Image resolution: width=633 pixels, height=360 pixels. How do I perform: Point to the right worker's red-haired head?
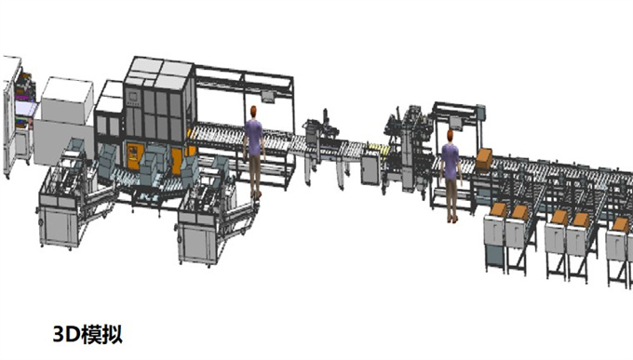(451, 136)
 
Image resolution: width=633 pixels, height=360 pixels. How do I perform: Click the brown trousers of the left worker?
(255, 172)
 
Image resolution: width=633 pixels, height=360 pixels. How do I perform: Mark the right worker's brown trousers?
(451, 196)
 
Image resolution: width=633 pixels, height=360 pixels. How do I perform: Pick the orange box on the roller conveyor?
(484, 159)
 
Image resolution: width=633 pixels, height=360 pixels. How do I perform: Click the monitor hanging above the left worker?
(267, 96)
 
